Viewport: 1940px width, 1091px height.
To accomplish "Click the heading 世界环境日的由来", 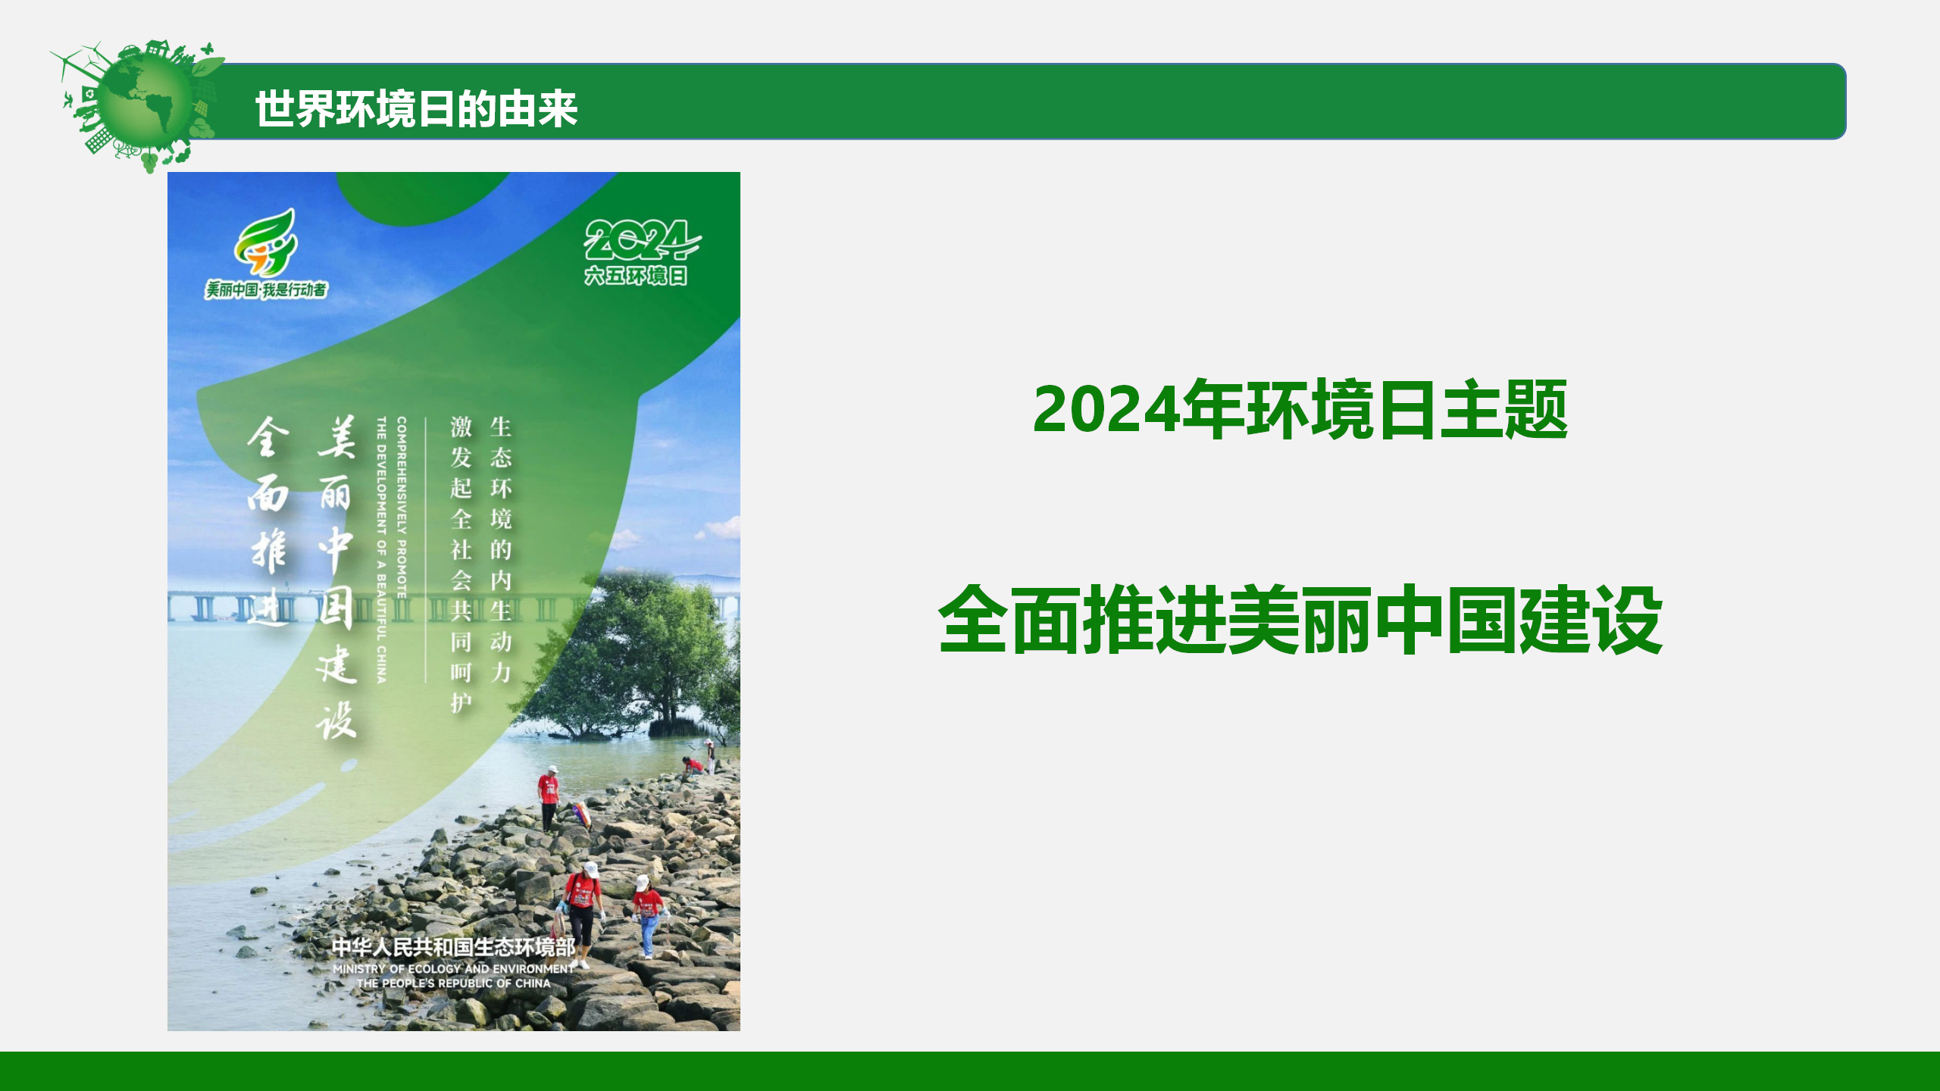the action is [416, 108].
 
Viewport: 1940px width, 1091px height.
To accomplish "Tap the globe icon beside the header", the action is [141, 105].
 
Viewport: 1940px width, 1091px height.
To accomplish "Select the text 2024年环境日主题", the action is [1300, 409].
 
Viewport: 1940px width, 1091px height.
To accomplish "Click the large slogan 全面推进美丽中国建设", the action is [1300, 619].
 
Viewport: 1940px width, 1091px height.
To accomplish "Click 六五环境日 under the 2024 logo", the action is [635, 275].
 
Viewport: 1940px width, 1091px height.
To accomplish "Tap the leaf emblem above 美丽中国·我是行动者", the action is [265, 242].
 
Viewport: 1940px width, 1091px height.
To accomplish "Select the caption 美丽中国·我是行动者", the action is [266, 289].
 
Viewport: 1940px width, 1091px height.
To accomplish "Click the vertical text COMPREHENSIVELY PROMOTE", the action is [402, 508].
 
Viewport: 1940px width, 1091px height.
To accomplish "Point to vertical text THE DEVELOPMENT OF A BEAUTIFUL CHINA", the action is [381, 549].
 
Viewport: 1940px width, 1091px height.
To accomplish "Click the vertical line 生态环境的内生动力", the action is [501, 549].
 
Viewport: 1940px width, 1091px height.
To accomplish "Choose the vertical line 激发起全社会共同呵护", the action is [462, 564].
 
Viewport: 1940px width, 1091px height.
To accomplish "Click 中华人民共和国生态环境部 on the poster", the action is [454, 947].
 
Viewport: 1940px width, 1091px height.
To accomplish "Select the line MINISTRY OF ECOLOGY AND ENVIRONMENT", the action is [454, 969].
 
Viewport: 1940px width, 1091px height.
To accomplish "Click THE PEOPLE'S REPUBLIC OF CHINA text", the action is [454, 983].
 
